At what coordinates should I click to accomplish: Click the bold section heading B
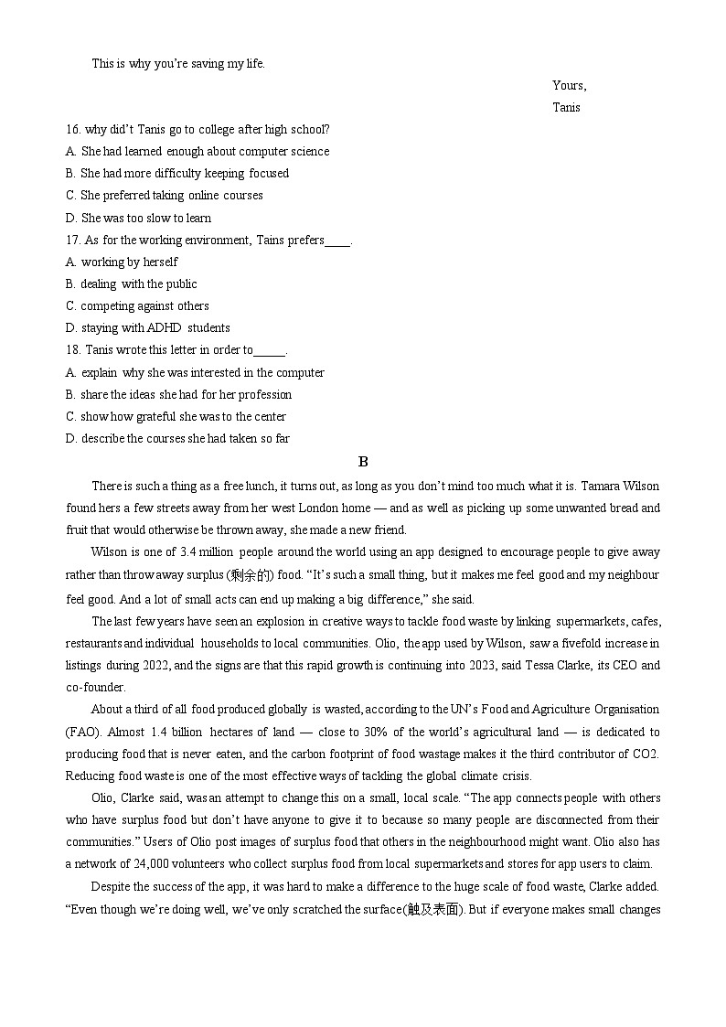[363, 462]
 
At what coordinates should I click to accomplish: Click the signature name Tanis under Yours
[566, 107]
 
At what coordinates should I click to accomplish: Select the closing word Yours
[569, 85]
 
